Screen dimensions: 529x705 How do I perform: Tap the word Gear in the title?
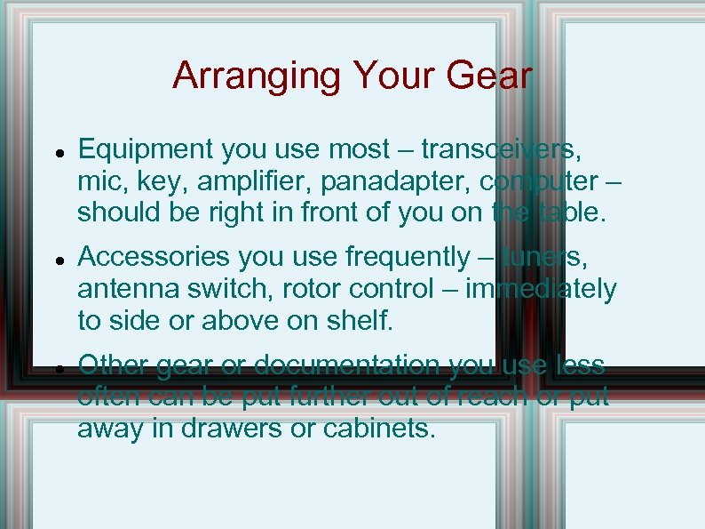point(491,76)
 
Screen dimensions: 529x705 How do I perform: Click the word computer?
point(538,181)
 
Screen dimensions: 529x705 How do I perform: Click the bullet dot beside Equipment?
point(57,153)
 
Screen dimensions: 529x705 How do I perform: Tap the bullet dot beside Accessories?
point(57,260)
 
